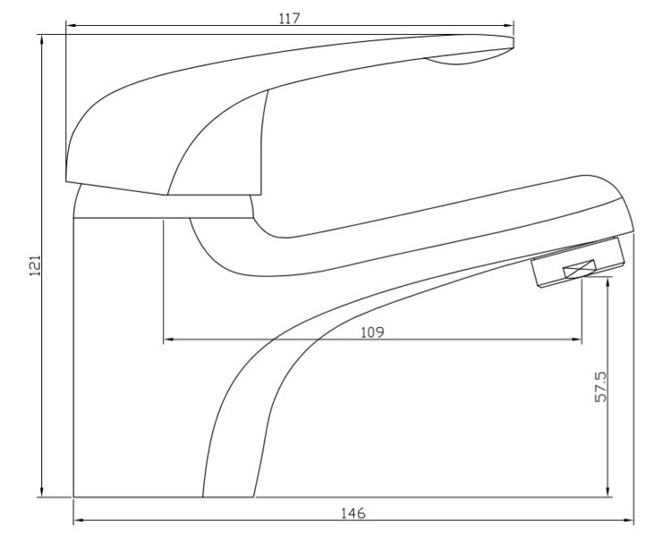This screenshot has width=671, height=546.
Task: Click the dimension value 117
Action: [x=290, y=19]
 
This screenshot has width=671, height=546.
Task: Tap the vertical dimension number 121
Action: [x=35, y=265]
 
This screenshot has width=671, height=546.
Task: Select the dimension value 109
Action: [x=373, y=332]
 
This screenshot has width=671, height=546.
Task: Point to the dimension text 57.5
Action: [x=601, y=387]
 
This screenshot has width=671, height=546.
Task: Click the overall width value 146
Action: [x=353, y=513]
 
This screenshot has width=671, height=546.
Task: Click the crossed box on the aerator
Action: [x=580, y=269]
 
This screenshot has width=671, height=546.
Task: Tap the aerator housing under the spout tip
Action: [x=578, y=262]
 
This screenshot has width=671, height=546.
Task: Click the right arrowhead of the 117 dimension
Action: [x=508, y=26]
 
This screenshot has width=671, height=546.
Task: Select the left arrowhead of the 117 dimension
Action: [x=72, y=26]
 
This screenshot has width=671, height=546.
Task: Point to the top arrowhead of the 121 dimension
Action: [x=41, y=40]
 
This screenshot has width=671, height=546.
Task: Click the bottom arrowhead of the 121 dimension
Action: [x=41, y=491]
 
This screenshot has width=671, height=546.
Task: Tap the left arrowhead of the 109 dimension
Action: [x=168, y=340]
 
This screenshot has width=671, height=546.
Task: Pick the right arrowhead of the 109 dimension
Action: [x=576, y=340]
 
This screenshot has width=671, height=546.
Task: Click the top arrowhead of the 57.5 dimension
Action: [x=608, y=282]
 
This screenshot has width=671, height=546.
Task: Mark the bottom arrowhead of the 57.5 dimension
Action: [x=608, y=491]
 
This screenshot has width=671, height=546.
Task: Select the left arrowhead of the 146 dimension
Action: [x=80, y=520]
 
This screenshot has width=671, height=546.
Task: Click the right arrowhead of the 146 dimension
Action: [x=628, y=520]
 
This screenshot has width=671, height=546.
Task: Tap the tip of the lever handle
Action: [x=514, y=42]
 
